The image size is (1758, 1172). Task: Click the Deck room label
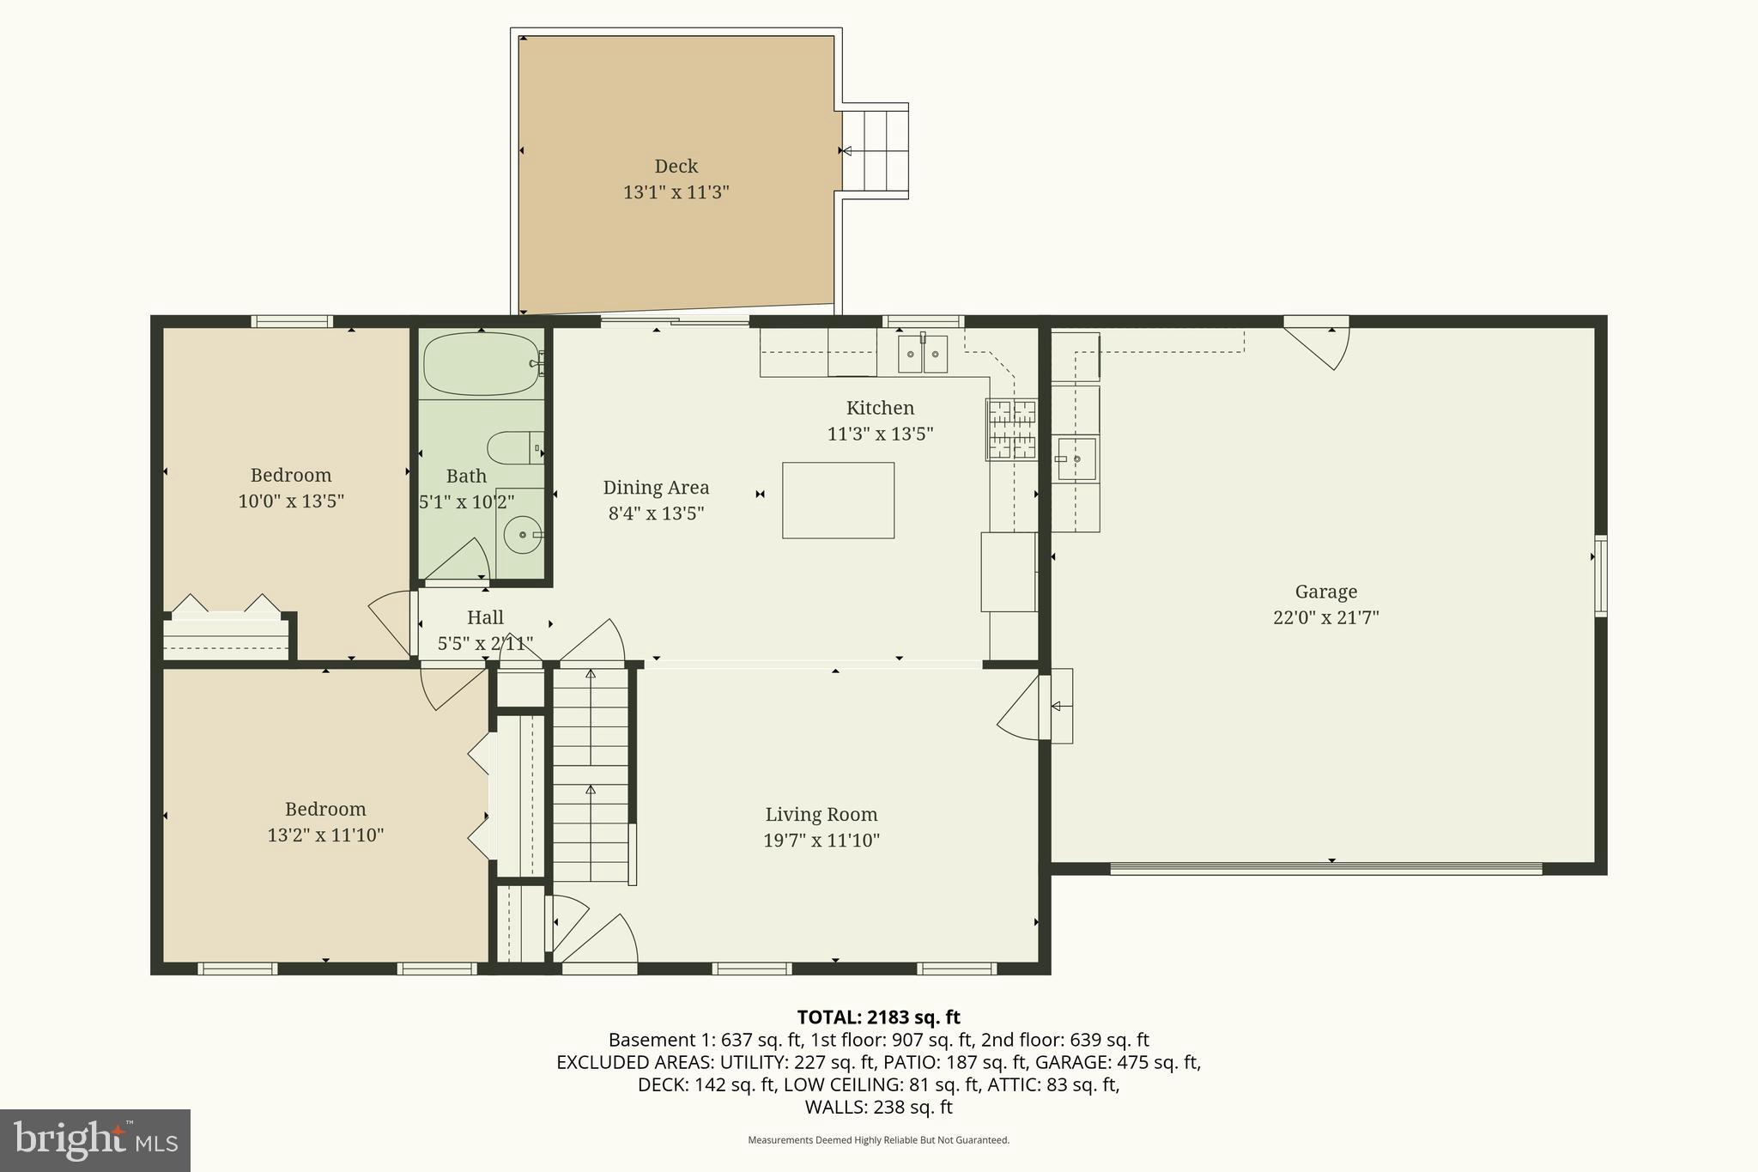676,167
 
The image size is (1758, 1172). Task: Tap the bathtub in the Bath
481,364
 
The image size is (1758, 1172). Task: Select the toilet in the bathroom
512,447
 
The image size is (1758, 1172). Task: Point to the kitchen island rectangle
838,501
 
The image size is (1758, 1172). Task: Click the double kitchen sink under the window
923,354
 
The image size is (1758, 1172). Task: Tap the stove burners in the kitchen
1010,429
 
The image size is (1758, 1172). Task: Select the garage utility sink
1076,459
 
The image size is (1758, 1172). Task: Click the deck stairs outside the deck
875,151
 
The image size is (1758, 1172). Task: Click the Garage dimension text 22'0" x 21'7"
1325,617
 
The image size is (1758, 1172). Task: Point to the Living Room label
821,814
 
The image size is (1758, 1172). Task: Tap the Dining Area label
656,488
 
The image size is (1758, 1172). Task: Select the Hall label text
485,617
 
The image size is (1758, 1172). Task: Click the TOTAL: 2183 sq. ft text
878,1017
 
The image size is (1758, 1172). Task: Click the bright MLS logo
94,1139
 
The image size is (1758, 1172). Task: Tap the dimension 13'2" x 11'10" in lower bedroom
325,835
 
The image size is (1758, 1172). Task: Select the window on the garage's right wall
1600,575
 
